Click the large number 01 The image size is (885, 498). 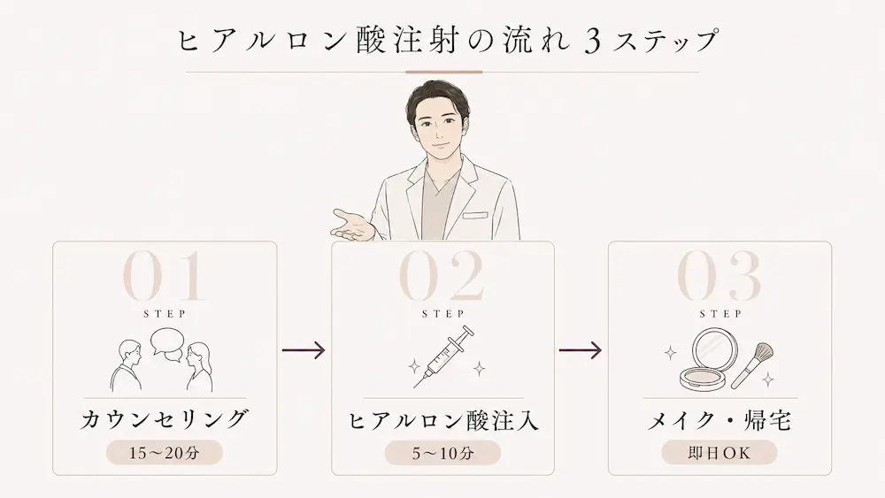coord(163,276)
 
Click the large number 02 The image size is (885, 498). coord(442,276)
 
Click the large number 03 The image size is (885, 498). coord(719,276)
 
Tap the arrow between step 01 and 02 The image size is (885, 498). coord(304,350)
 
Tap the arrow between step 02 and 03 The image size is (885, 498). coord(581,350)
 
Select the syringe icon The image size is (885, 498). coord(443,356)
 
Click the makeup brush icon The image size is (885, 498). coord(752,365)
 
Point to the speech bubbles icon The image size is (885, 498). coord(167,343)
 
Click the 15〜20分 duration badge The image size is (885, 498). coord(165,452)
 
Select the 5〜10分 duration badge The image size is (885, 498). coord(442,452)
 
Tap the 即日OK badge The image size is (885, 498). coord(719,452)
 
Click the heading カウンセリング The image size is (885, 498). coord(165,419)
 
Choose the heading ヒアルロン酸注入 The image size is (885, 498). coord(443,421)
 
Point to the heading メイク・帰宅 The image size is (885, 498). coord(720,421)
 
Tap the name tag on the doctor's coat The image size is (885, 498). coord(474,215)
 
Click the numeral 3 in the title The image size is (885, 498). coord(592,42)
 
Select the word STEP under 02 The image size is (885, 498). coord(443,314)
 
